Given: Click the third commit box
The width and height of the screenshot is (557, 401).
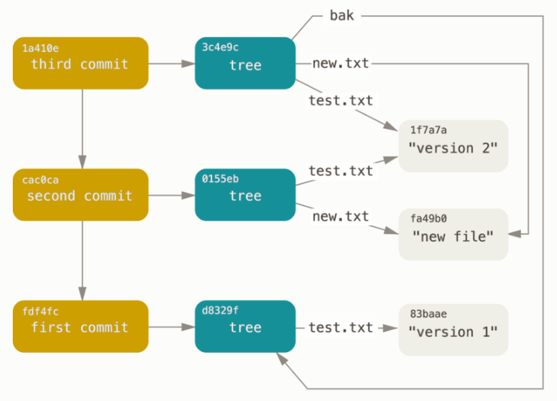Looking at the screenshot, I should pyautogui.click(x=80, y=63).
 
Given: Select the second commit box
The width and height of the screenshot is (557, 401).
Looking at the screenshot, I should pyautogui.click(x=80, y=195).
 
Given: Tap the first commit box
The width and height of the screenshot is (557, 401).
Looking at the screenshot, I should pyautogui.click(x=80, y=327).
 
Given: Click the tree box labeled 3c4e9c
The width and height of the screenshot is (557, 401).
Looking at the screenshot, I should pyautogui.click(x=245, y=63).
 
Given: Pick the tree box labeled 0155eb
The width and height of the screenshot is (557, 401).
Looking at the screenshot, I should pyautogui.click(x=245, y=195).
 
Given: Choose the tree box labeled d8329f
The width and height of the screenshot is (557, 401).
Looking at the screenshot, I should pyautogui.click(x=245, y=327).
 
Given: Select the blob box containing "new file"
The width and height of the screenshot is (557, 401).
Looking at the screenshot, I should pyautogui.click(x=453, y=235).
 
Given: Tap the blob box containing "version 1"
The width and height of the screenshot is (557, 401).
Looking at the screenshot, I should pyautogui.click(x=453, y=330).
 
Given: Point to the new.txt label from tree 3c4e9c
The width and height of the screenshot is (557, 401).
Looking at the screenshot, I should pyautogui.click(x=341, y=63).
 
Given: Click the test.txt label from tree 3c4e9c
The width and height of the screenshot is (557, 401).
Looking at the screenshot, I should pyautogui.click(x=341, y=99).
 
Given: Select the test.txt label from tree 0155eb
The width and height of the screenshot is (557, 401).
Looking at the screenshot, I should pyautogui.click(x=341, y=171).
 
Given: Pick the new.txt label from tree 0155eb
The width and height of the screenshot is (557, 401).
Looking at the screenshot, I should pyautogui.click(x=341, y=217).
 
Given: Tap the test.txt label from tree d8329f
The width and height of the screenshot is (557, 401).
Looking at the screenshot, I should pyautogui.click(x=341, y=327).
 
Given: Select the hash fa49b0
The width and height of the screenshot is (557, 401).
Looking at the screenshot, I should pyautogui.click(x=430, y=219).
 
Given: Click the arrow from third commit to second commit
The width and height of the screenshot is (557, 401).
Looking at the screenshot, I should pyautogui.click(x=81, y=128).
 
